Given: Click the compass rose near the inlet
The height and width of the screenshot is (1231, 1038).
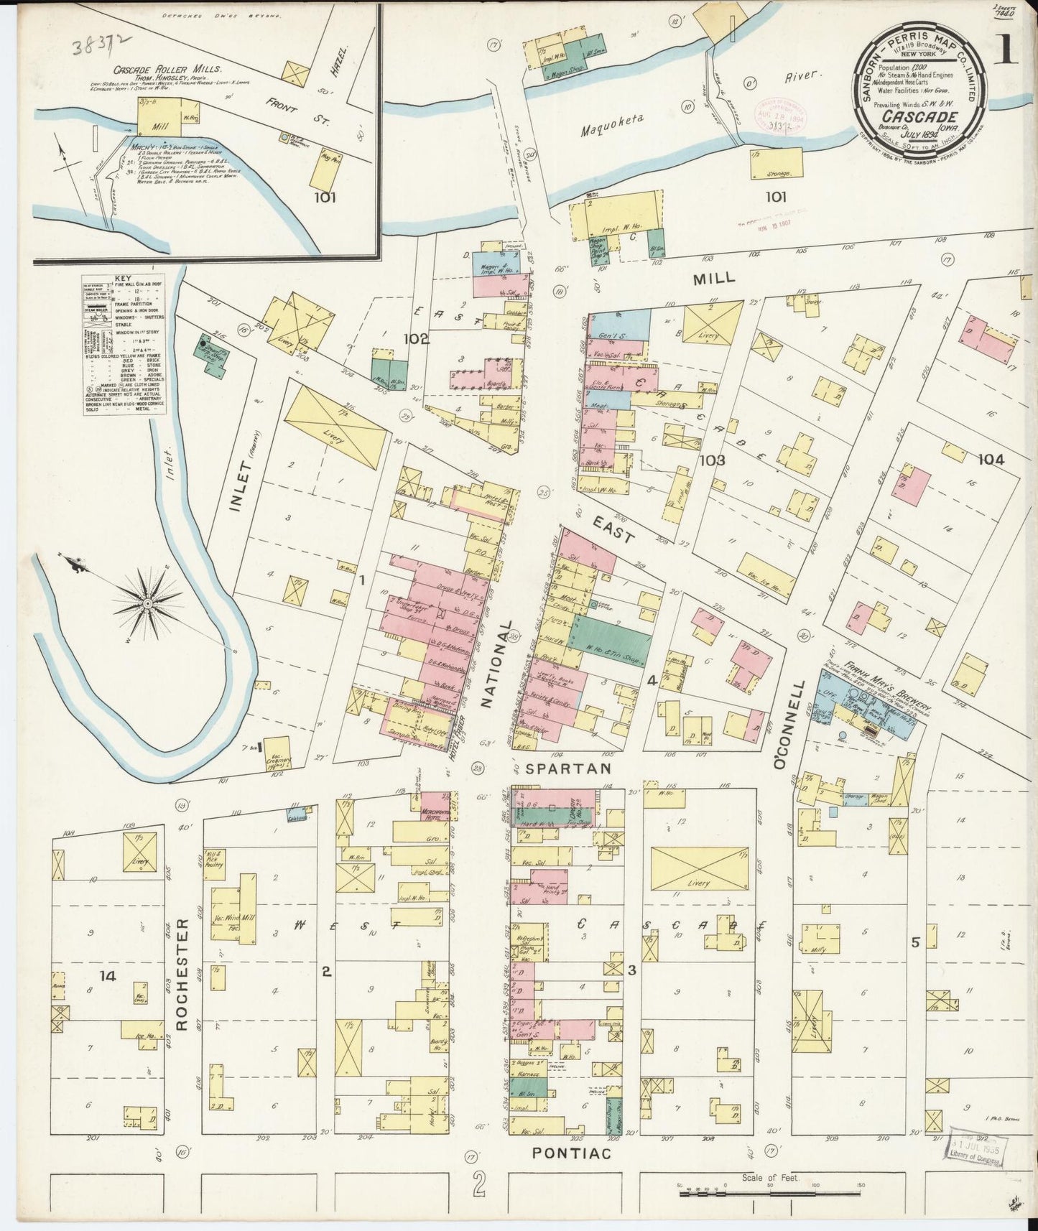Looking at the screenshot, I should [147, 603].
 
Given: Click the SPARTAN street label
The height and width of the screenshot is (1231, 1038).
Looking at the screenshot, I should [568, 768].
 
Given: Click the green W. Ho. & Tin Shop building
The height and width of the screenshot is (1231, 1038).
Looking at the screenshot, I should [609, 641].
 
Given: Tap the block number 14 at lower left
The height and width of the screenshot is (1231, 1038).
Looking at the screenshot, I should [108, 975].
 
